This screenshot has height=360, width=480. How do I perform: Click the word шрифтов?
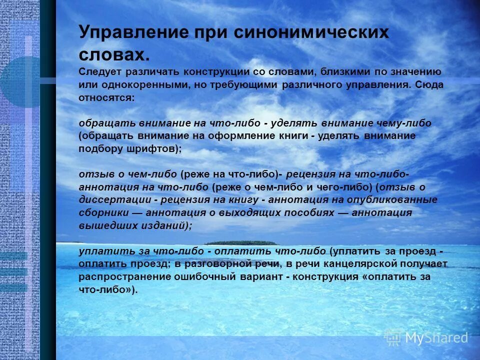click(x=154, y=149)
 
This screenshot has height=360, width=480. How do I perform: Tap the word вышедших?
click(x=102, y=225)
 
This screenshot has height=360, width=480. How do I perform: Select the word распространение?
click(x=120, y=276)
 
